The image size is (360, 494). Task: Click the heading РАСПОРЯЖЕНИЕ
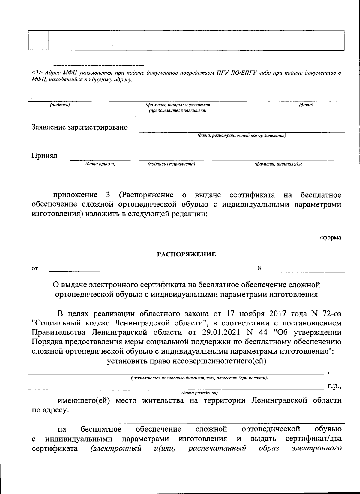pos(187,255)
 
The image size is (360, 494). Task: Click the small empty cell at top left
pos(38,40)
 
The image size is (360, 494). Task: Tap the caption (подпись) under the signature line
pos(60,105)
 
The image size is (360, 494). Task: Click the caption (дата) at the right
pos(306,105)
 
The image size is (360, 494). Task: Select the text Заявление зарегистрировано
pos(80,127)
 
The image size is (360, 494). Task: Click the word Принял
pos(44,156)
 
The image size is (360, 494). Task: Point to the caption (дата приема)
pos(100,164)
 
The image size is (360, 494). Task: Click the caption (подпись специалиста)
pos(172,164)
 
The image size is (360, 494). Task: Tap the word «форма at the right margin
pos(330,238)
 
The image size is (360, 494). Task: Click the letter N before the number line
pos(259,268)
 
